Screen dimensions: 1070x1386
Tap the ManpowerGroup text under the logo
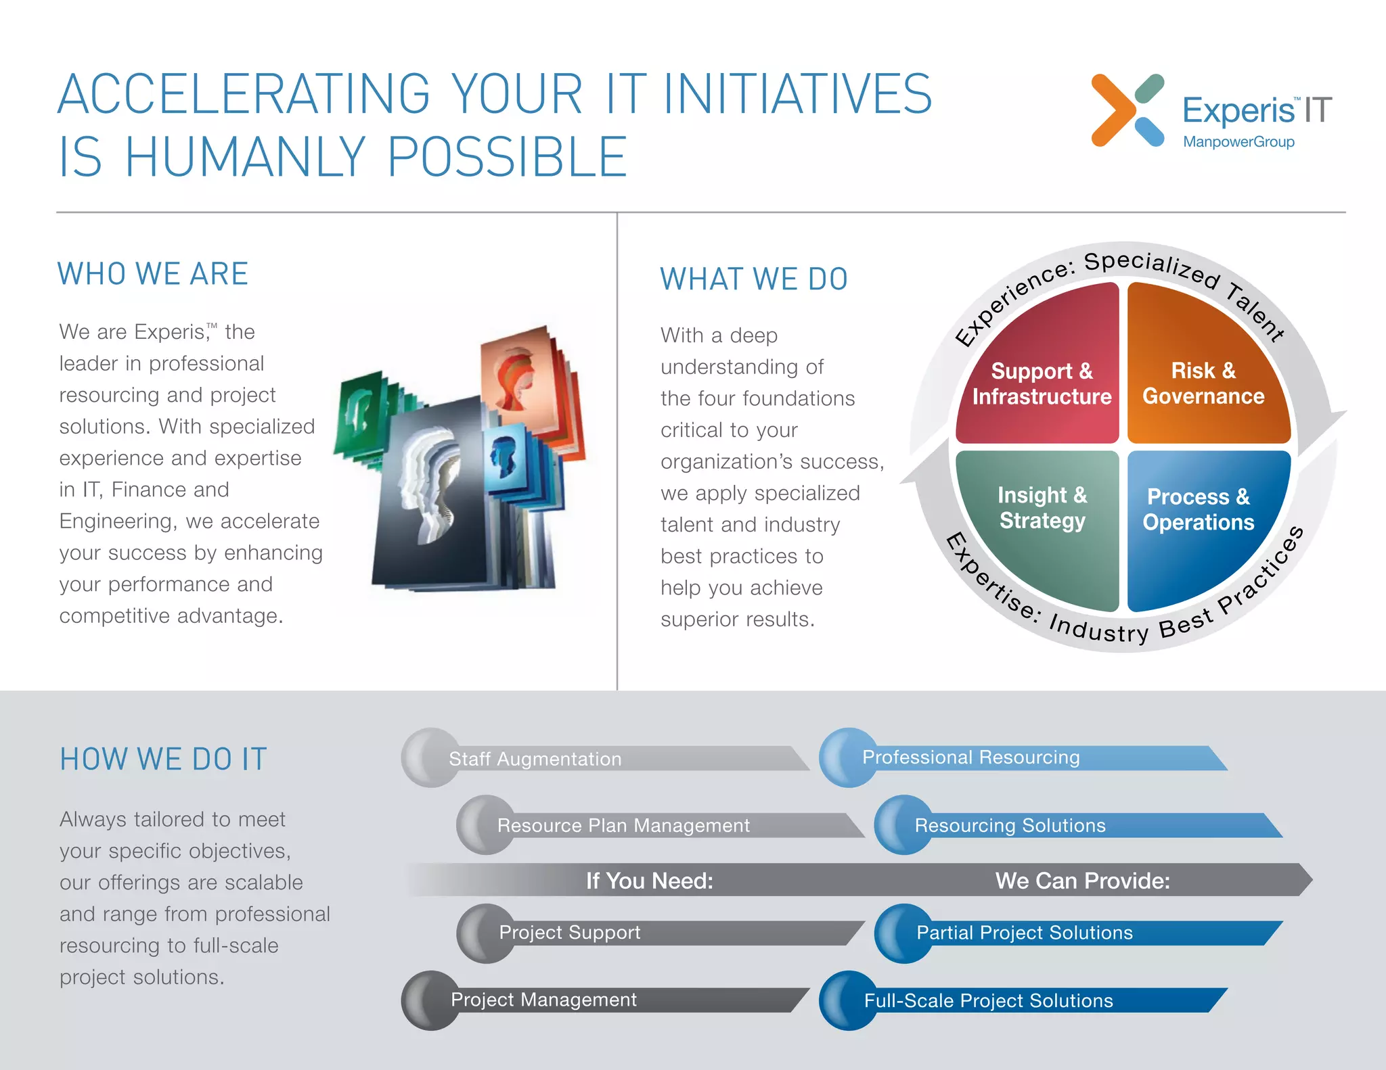[1238, 142]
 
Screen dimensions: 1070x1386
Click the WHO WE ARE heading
[153, 274]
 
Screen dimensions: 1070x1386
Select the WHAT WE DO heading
[754, 279]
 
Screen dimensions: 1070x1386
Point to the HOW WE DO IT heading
[163, 759]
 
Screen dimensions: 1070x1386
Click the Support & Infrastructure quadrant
[1041, 383]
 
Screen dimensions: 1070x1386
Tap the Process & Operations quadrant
[1198, 509]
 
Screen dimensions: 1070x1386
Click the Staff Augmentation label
[535, 759]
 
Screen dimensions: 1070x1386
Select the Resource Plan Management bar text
[623, 825]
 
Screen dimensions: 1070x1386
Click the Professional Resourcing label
[970, 757]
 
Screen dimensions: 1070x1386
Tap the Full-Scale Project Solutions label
[988, 1000]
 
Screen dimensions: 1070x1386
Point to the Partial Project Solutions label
[1024, 933]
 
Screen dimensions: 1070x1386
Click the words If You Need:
[649, 880]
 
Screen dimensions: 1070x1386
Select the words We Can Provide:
[1082, 880]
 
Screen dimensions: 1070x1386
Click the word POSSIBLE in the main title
[507, 157]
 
